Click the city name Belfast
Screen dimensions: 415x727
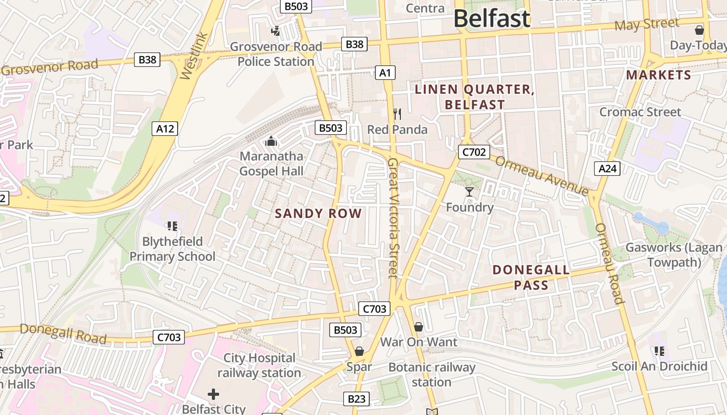[x=491, y=19]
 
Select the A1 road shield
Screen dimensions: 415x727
[x=385, y=73]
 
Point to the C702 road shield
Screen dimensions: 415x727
[x=474, y=152]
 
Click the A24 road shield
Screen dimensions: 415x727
[x=607, y=168]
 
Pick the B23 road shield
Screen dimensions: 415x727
[x=356, y=399]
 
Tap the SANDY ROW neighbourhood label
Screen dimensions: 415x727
[x=318, y=213]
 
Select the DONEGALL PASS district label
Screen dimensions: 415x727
[x=531, y=278]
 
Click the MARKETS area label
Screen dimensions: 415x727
[x=658, y=75]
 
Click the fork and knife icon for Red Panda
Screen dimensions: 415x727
[x=397, y=114]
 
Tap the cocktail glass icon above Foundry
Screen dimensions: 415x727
[x=469, y=192]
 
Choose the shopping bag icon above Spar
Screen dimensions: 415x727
[x=359, y=352]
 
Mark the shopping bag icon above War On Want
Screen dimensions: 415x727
[x=419, y=327]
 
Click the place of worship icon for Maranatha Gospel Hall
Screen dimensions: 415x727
[x=271, y=141]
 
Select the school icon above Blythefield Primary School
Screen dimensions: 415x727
[x=172, y=226]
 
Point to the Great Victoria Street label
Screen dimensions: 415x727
[x=393, y=218]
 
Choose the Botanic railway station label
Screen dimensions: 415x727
[x=432, y=375]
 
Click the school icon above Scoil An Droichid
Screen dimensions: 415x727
[x=659, y=351]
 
